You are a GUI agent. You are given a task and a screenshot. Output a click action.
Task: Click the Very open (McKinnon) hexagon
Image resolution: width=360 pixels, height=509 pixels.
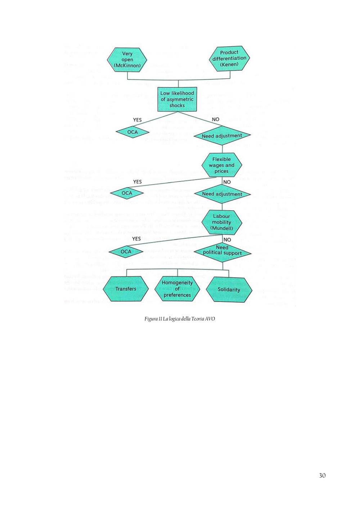[127, 60]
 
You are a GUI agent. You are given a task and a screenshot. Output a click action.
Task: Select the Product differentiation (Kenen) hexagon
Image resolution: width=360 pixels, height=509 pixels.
[229, 58]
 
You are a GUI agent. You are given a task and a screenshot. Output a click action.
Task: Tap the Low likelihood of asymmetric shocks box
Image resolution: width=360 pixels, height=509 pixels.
[177, 99]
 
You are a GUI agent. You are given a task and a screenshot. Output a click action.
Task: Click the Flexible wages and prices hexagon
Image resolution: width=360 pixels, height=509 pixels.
[222, 165]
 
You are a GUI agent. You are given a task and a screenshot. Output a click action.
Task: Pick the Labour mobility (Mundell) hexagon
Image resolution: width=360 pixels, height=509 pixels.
[222, 222]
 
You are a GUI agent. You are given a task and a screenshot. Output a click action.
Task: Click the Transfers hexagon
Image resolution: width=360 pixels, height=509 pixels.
[126, 289]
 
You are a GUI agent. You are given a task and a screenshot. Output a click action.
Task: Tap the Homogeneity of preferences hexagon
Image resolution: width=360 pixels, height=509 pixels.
[177, 289]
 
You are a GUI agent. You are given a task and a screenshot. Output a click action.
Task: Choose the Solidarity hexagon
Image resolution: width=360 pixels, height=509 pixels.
[229, 289]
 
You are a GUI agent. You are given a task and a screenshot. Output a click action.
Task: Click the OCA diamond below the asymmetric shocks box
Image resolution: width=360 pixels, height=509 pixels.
[132, 132]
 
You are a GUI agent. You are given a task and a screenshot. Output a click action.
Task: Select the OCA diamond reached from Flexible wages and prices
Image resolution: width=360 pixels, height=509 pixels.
[127, 193]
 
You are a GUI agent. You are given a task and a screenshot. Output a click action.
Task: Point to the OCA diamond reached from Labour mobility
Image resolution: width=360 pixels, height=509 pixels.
[126, 252]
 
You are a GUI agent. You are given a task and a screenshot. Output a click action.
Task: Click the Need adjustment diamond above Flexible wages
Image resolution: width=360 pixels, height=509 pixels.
[222, 136]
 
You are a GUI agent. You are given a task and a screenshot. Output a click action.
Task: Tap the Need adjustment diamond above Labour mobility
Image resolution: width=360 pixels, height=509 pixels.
[222, 194]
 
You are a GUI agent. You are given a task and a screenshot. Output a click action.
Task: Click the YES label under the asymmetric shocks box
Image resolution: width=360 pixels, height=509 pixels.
[137, 120]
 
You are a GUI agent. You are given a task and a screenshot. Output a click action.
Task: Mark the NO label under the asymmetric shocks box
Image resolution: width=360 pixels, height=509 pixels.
[215, 120]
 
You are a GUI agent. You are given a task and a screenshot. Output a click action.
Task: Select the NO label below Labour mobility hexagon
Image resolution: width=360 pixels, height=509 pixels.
[227, 240]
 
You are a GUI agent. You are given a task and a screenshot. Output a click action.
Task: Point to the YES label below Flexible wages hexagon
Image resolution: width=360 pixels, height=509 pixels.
[137, 182]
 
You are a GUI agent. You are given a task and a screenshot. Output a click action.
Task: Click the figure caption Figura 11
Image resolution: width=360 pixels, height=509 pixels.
[180, 319]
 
